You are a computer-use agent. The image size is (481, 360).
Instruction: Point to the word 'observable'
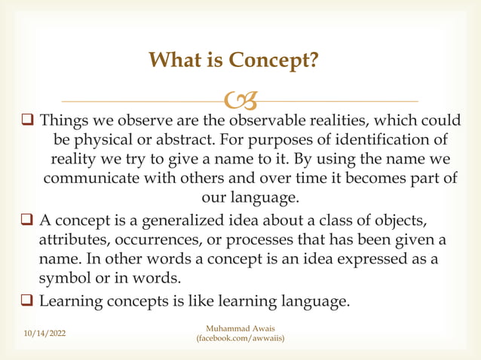266,121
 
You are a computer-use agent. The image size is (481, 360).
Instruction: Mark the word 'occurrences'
158,239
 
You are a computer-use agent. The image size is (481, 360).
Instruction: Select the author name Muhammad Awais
240,329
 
